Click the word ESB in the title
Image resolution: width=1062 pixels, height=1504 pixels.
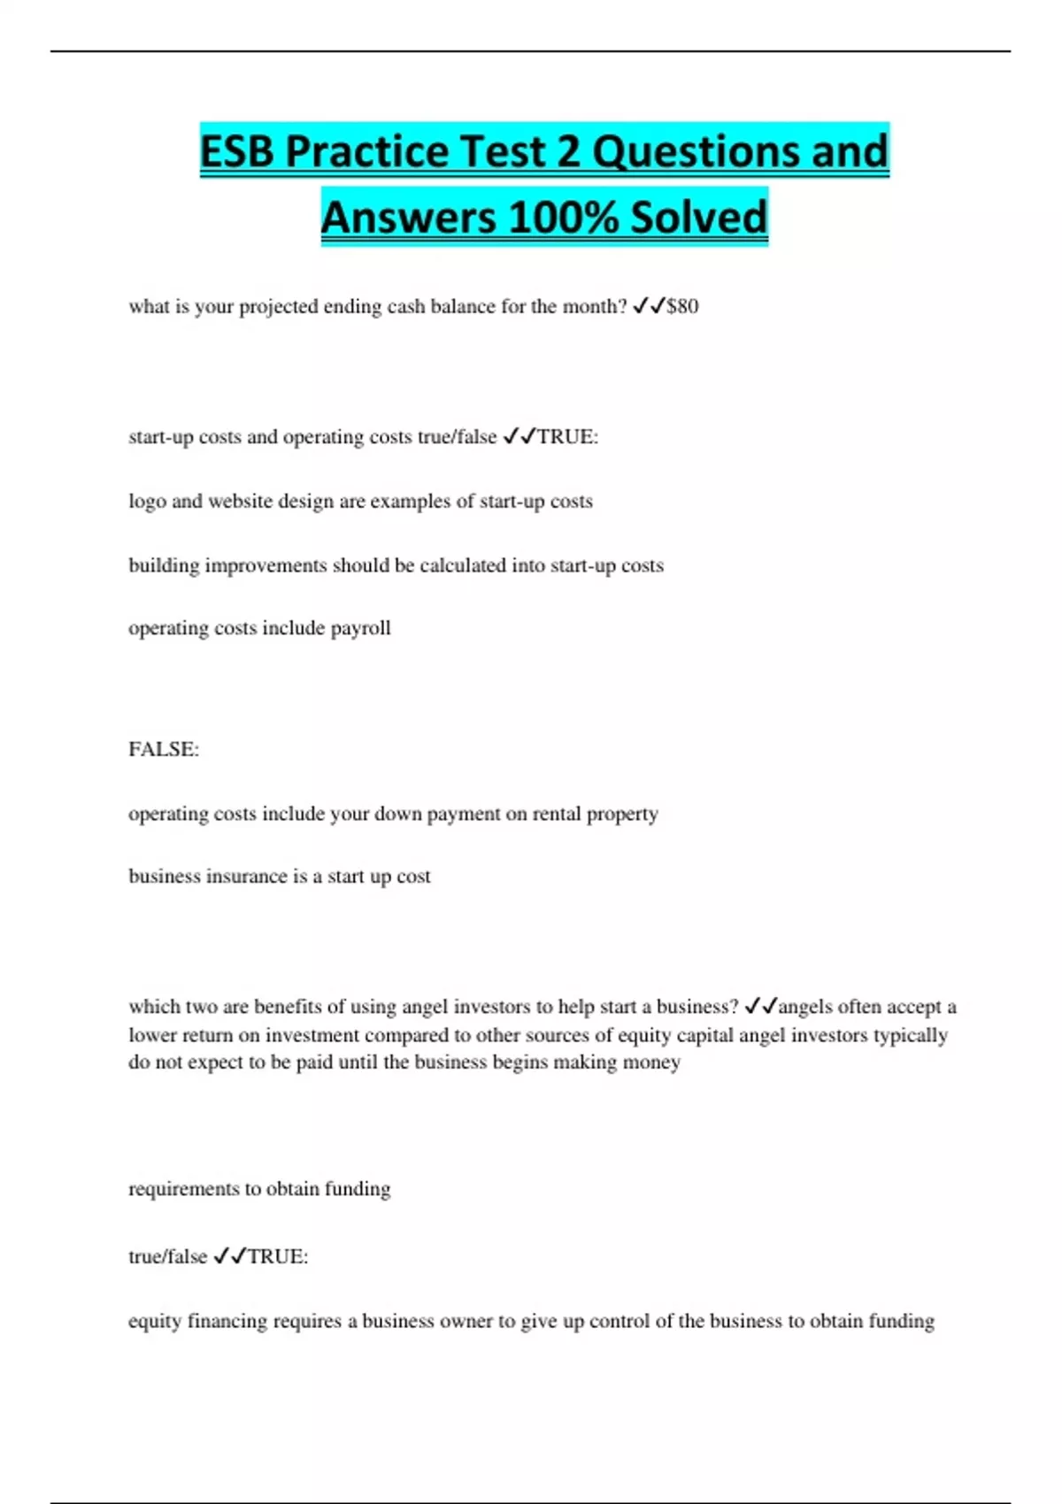click(237, 151)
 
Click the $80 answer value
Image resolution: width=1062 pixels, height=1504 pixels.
click(682, 306)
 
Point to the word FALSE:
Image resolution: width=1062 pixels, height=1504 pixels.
click(164, 749)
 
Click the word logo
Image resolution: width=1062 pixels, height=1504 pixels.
click(147, 502)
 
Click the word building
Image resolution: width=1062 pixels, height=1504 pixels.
click(164, 565)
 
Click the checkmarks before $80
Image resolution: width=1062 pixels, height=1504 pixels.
click(649, 306)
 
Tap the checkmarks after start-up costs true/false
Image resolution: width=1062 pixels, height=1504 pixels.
click(519, 437)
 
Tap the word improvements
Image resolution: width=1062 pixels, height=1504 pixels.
click(265, 565)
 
